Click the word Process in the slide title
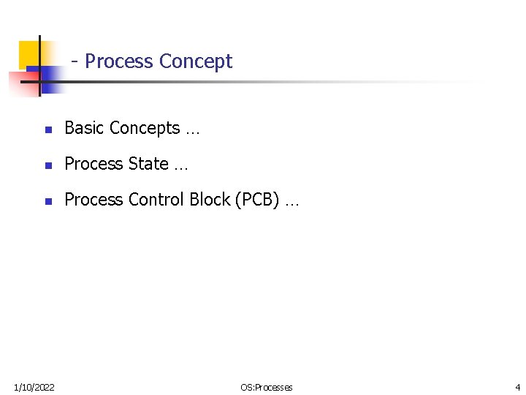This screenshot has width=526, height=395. pyautogui.click(x=118, y=61)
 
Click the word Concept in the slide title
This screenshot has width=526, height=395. pyautogui.click(x=195, y=61)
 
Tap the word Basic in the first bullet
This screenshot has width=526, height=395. pyautogui.click(x=81, y=128)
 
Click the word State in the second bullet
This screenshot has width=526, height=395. pyautogui.click(x=148, y=164)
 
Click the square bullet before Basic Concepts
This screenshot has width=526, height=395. pyautogui.click(x=47, y=129)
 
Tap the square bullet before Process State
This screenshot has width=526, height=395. pyautogui.click(x=47, y=165)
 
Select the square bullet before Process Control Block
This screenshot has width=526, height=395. pyautogui.click(x=47, y=200)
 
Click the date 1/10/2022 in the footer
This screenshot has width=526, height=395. pyautogui.click(x=34, y=387)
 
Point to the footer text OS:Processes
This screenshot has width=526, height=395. pyautogui.click(x=266, y=387)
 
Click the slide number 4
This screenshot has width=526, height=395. pyautogui.click(x=517, y=387)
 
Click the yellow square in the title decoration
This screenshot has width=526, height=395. pyautogui.click(x=29, y=51)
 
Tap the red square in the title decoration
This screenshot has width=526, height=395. pyautogui.click(x=18, y=82)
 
